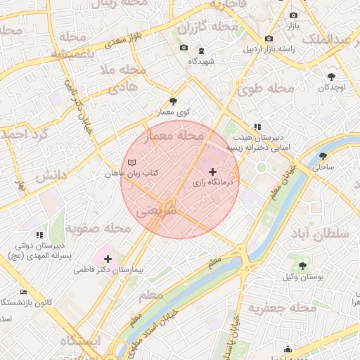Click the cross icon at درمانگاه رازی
(x=213, y=172)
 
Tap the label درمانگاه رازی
(x=216, y=182)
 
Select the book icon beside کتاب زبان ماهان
(x=131, y=162)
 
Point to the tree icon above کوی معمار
(x=173, y=101)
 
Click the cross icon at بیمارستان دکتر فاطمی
(x=108, y=259)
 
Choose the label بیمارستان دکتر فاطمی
(x=108, y=270)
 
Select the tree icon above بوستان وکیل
(x=302, y=266)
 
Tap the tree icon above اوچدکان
(x=331, y=76)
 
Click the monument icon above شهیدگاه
(x=201, y=51)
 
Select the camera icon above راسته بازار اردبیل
(x=268, y=38)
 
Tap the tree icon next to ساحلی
(x=323, y=157)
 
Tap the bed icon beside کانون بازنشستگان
(x=24, y=292)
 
